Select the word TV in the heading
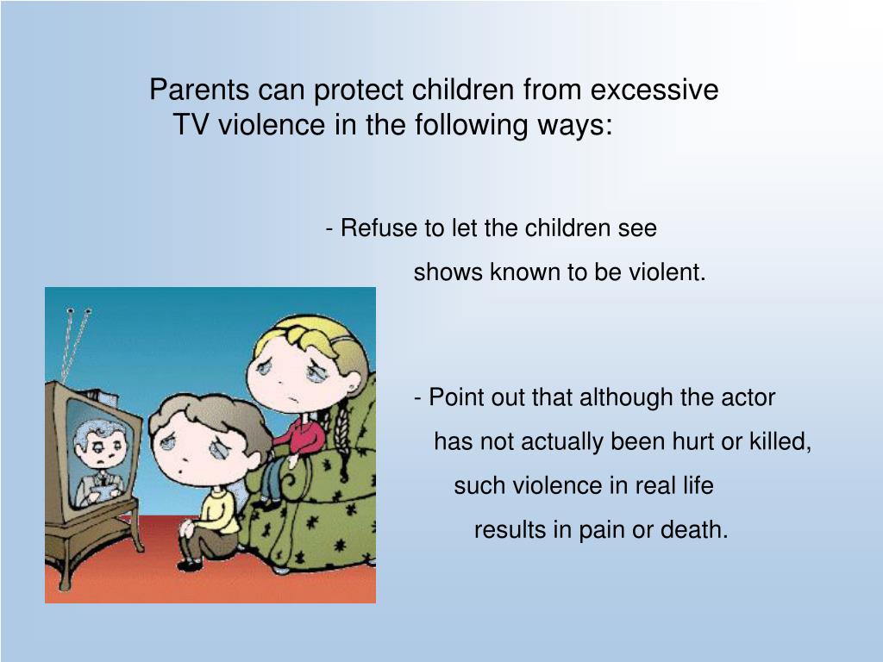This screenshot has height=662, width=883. (x=191, y=125)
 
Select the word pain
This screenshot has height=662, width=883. (x=602, y=529)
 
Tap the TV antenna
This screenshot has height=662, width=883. (x=76, y=345)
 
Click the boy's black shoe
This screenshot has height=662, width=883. (x=189, y=565)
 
